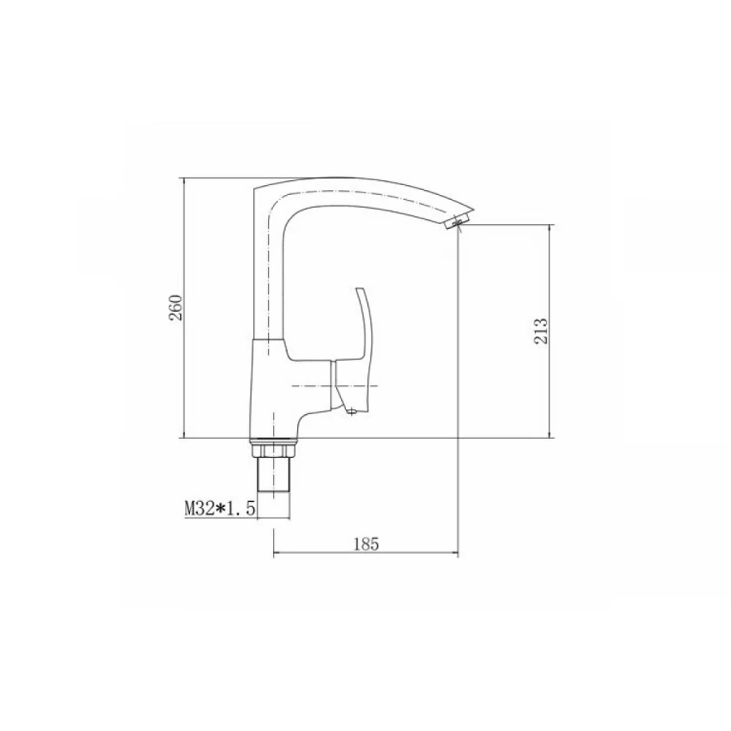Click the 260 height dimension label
[x=176, y=308]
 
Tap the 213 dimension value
[x=541, y=331]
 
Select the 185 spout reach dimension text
[x=366, y=543]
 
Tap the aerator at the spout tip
[x=456, y=222]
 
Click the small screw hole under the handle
[x=352, y=411]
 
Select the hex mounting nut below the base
[x=273, y=450]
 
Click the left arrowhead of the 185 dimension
[x=276, y=553]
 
